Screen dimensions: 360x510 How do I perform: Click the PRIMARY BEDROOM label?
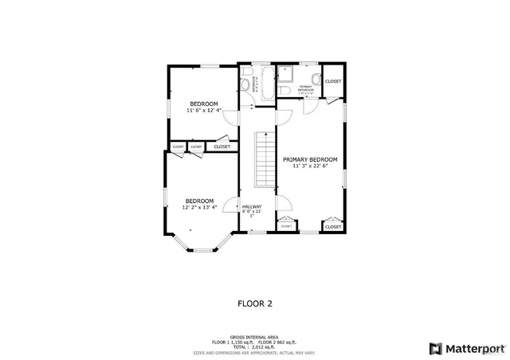[310, 159]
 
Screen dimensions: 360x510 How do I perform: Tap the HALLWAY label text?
[252, 205]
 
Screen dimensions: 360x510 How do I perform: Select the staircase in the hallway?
[264, 158]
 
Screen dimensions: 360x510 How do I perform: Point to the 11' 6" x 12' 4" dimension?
[203, 111]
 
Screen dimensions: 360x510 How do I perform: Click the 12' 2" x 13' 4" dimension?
[199, 207]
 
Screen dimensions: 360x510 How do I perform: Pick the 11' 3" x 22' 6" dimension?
[310, 166]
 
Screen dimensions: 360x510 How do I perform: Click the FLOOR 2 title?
[255, 303]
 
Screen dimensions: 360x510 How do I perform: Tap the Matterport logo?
[466, 348]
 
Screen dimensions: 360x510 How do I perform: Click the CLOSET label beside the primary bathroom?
[333, 81]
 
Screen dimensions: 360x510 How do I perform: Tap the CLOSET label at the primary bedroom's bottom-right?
[333, 227]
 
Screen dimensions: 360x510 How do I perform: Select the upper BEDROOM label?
[203, 104]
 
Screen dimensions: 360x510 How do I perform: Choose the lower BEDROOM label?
[199, 200]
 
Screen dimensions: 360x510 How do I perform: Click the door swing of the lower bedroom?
[231, 207]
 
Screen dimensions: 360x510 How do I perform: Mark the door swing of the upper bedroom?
[230, 118]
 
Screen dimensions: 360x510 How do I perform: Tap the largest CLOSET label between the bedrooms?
[222, 147]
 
